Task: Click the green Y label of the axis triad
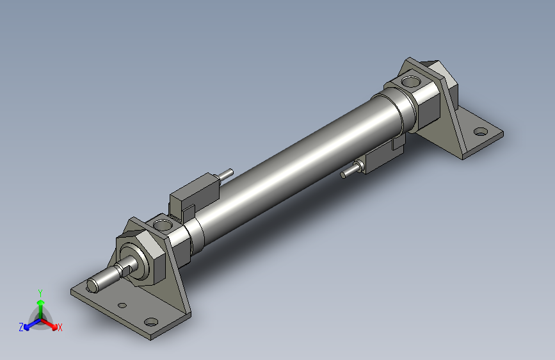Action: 40,293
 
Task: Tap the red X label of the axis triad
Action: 60,327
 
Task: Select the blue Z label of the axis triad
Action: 21,327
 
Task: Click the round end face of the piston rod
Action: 92,286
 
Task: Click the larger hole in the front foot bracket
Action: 151,322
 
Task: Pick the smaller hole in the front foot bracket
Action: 122,305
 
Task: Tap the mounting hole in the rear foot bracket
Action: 480,132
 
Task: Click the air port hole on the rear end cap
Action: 410,82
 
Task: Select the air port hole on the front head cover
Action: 163,225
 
